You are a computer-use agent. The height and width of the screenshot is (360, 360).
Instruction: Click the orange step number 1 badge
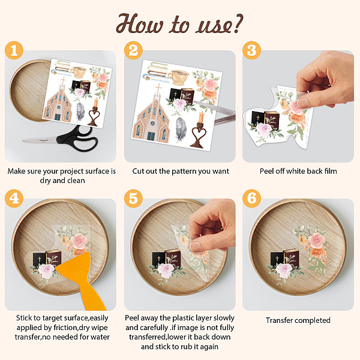coord(14,50)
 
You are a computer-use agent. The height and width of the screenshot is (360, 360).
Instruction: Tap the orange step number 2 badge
coord(133,50)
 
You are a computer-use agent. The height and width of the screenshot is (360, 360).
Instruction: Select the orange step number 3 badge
coord(251,50)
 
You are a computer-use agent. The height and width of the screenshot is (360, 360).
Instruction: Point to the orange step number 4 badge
coord(14,199)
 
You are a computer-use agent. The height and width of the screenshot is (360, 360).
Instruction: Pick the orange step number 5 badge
coord(133,199)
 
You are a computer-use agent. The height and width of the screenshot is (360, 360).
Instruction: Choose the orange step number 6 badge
coord(251,199)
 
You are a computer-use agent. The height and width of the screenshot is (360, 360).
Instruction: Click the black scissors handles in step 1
coord(78,139)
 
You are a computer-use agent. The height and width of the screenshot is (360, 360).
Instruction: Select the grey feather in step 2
coord(181,129)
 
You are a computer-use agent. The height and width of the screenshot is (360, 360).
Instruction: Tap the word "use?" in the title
coord(219,25)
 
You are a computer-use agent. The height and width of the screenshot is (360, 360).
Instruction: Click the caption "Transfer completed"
coord(298,320)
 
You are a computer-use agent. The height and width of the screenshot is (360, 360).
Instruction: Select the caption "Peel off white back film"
coord(298,171)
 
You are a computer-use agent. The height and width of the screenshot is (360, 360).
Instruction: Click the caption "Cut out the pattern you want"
coord(181,171)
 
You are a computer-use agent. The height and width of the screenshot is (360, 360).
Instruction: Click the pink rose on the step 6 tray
coord(317,241)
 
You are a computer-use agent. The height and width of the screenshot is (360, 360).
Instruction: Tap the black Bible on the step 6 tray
coord(277,259)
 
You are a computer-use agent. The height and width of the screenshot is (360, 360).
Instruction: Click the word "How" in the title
coord(140,23)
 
